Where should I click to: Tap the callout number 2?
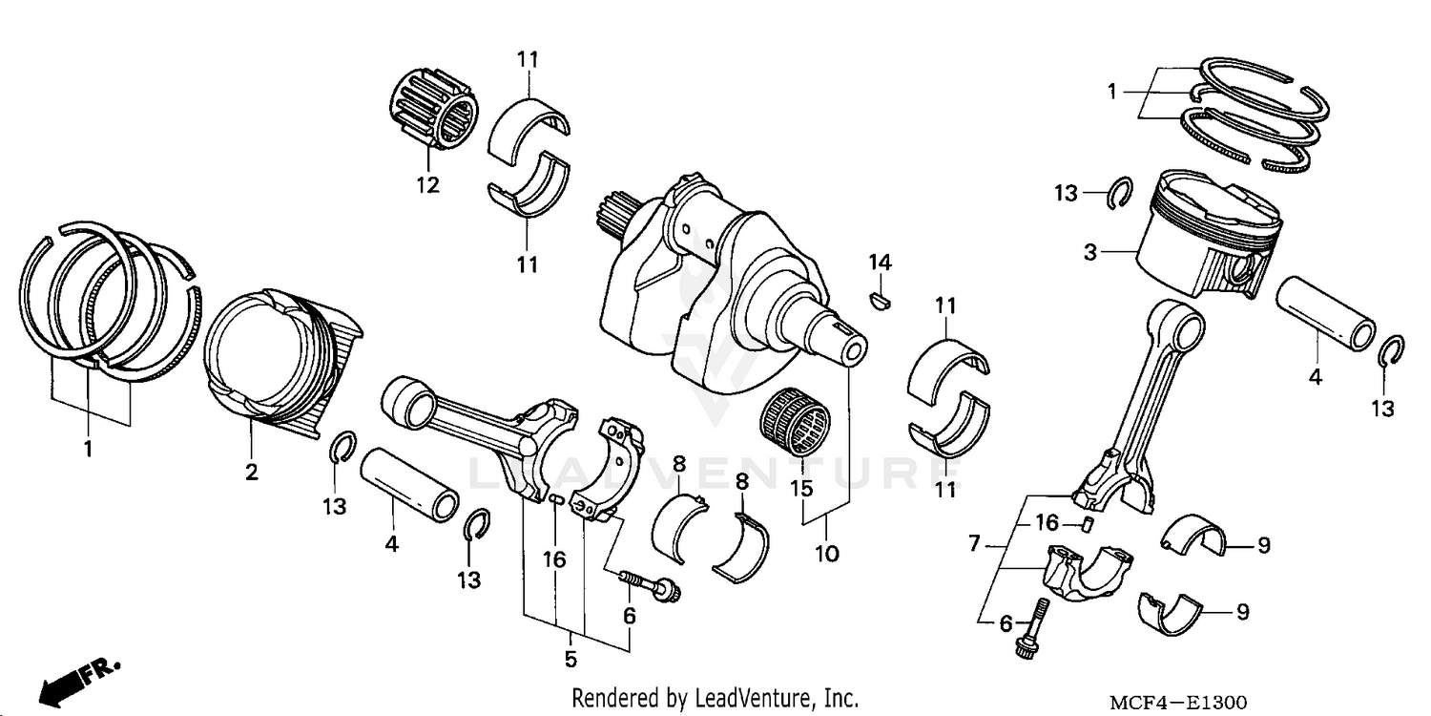252,472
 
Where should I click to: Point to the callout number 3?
1090,253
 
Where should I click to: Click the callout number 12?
427,185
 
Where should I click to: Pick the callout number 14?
879,263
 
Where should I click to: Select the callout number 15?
800,490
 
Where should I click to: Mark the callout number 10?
826,553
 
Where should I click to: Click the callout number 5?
570,659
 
